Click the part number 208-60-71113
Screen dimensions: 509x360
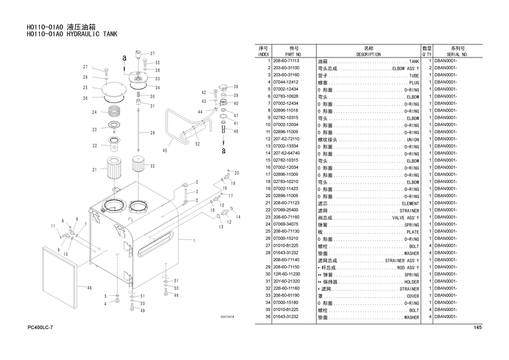[x=286, y=61]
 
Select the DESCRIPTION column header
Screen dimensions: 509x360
[x=368, y=55]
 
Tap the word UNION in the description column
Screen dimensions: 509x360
[x=413, y=139]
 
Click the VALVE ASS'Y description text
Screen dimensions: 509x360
[x=405, y=218]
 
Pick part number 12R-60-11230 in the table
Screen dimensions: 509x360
[x=287, y=274]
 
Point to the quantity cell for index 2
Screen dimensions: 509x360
[x=430, y=68]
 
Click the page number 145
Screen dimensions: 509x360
[x=477, y=327]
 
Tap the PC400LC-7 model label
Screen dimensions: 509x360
[x=40, y=327]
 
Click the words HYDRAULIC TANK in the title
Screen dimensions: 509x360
[x=92, y=34]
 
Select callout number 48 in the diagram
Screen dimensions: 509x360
[x=89, y=288]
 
